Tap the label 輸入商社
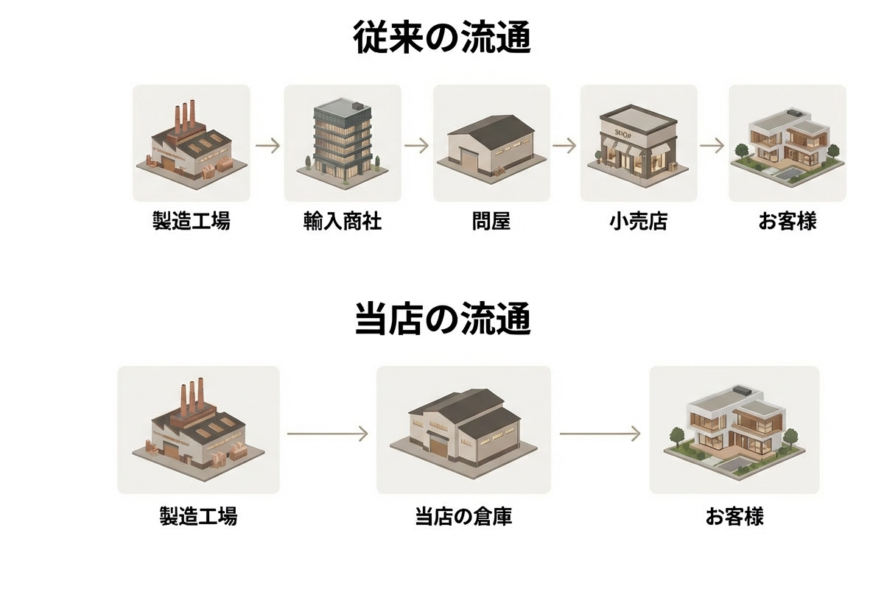(x=343, y=221)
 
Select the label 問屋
(x=491, y=221)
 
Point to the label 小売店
(x=639, y=221)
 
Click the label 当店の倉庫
(x=463, y=517)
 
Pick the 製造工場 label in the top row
(x=192, y=221)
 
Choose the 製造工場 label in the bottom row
(x=198, y=517)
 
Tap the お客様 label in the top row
(x=787, y=221)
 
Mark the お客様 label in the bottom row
(x=734, y=517)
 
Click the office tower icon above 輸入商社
(x=343, y=140)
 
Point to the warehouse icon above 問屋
(x=491, y=144)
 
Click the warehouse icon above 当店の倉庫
(x=463, y=431)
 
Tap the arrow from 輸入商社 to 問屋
(x=417, y=146)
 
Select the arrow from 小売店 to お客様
(x=712, y=146)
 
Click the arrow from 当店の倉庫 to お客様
(x=600, y=434)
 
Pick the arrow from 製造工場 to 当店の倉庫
(x=327, y=434)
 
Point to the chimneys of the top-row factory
(x=185, y=116)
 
